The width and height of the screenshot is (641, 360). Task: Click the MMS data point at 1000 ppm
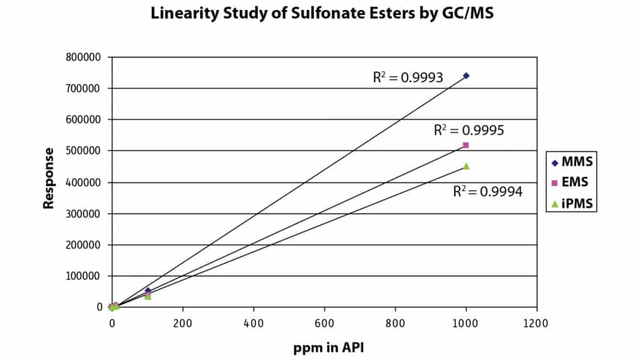tap(466, 76)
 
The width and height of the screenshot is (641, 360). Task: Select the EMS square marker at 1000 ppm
tap(466, 145)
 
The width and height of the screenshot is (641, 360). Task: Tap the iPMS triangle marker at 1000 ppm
tap(466, 166)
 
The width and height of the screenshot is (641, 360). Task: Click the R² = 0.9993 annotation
tap(408, 78)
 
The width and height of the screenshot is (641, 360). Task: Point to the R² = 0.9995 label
tap(469, 130)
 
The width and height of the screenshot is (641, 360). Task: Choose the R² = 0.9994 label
tap(488, 192)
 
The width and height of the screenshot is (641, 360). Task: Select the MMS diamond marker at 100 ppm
tap(148, 291)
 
